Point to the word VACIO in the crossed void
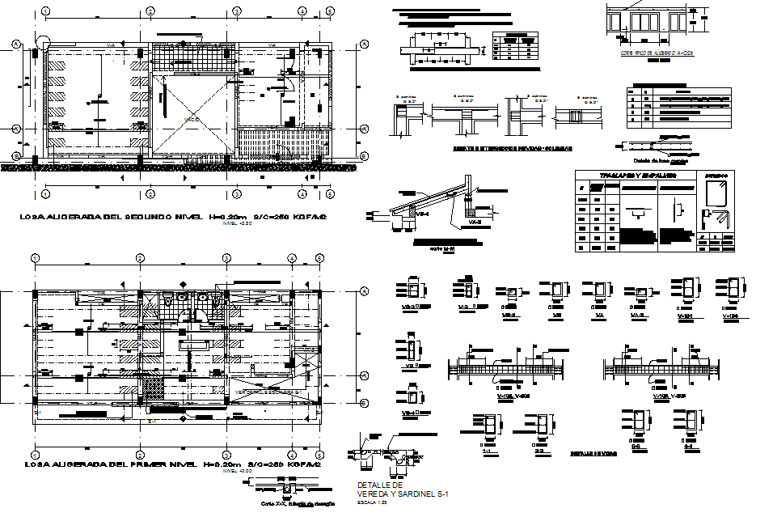(x=192, y=120)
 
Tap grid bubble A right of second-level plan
(x=364, y=44)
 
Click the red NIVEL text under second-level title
(x=231, y=224)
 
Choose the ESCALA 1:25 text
(x=367, y=502)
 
